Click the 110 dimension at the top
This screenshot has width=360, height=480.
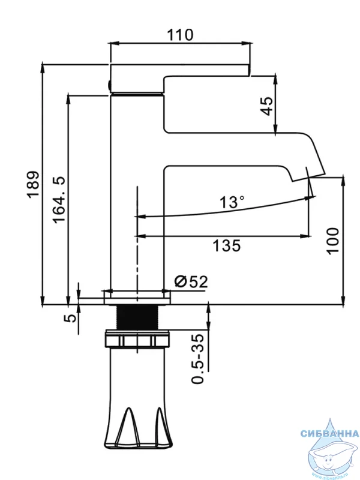click(x=181, y=35)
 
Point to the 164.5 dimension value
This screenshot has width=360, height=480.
click(x=59, y=199)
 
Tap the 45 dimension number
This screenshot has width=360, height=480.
click(x=266, y=106)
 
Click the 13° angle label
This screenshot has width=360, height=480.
click(x=232, y=202)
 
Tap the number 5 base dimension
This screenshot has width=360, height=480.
click(x=71, y=317)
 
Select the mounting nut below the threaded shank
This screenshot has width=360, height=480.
click(x=137, y=340)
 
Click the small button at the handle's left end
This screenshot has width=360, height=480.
click(x=109, y=85)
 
